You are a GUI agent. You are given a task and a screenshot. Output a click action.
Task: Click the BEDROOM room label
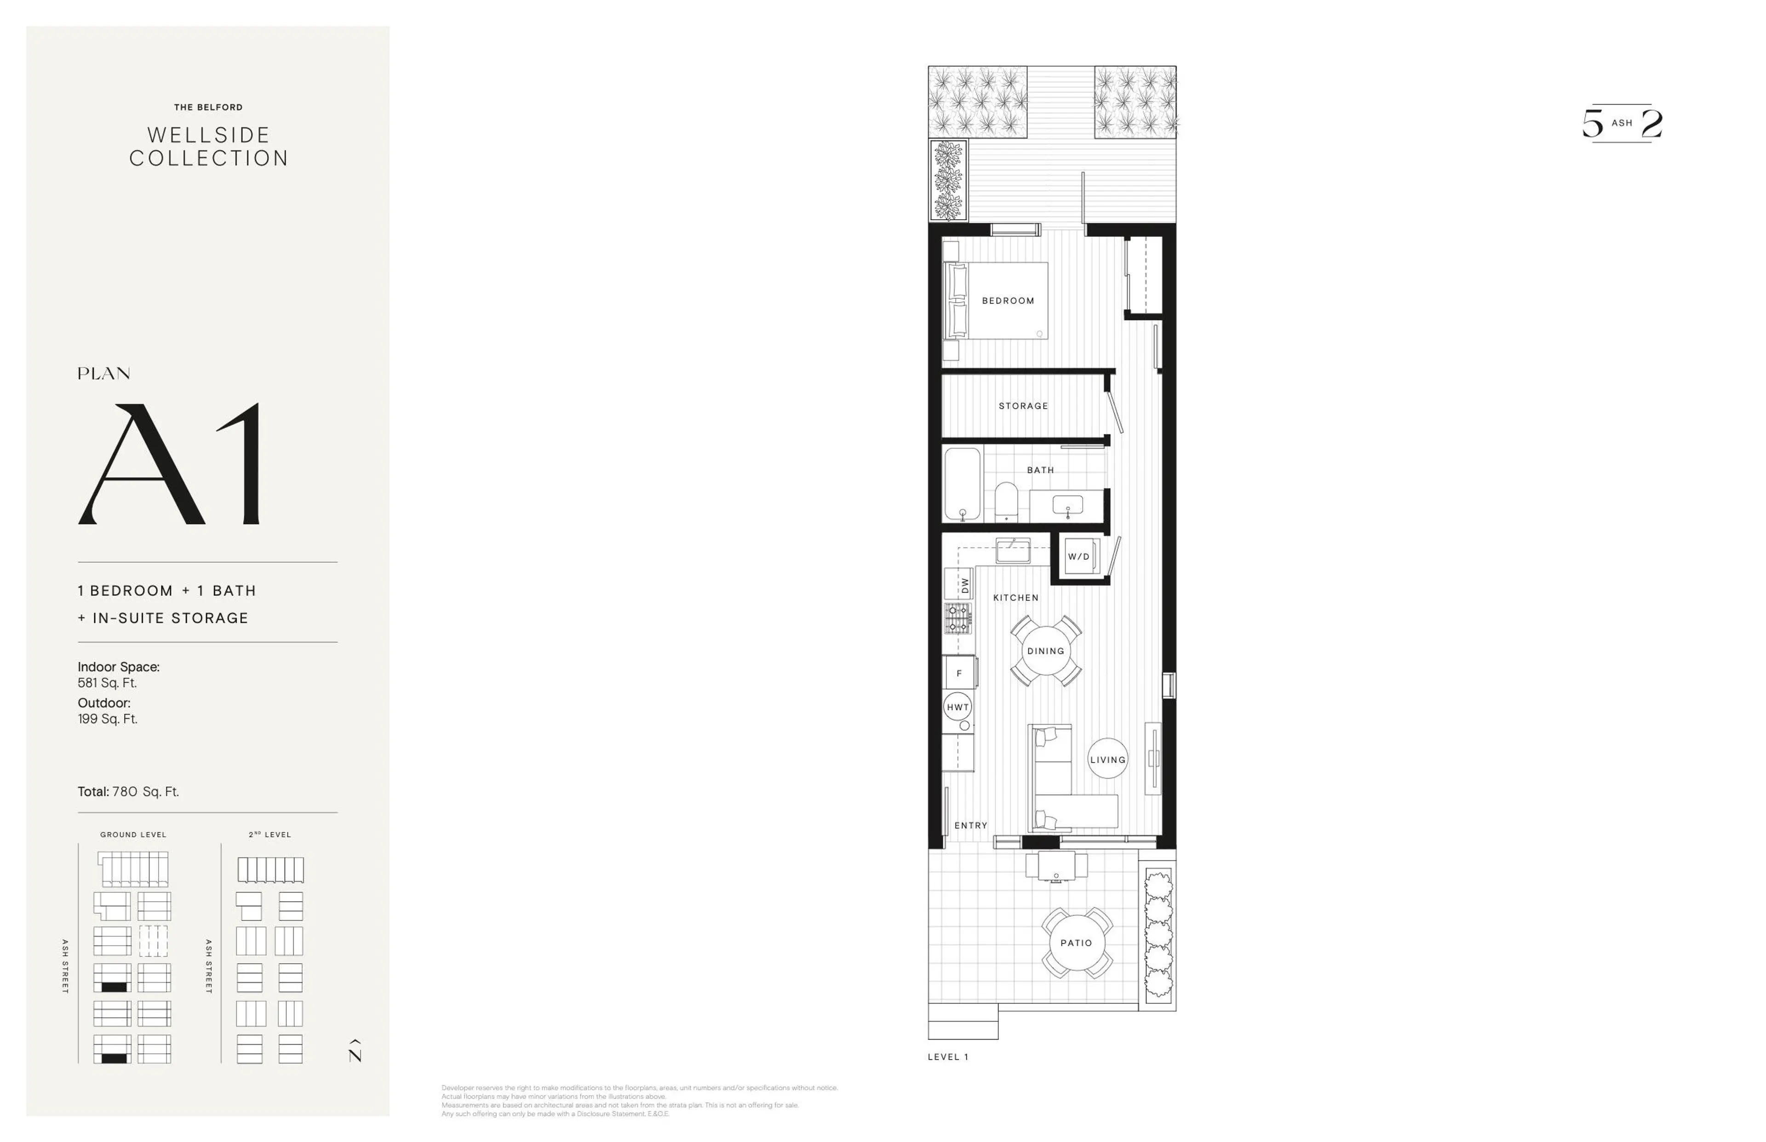point(1008,301)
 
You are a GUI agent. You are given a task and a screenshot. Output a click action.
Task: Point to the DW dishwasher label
point(964,585)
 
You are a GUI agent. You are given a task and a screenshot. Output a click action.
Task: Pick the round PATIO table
point(1076,943)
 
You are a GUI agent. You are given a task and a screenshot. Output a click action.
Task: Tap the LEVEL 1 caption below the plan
point(947,1057)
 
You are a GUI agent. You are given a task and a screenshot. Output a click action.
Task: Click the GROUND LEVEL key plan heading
point(133,834)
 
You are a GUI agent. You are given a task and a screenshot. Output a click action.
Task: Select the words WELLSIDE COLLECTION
point(208,146)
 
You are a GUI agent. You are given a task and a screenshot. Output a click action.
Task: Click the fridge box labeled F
point(959,673)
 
